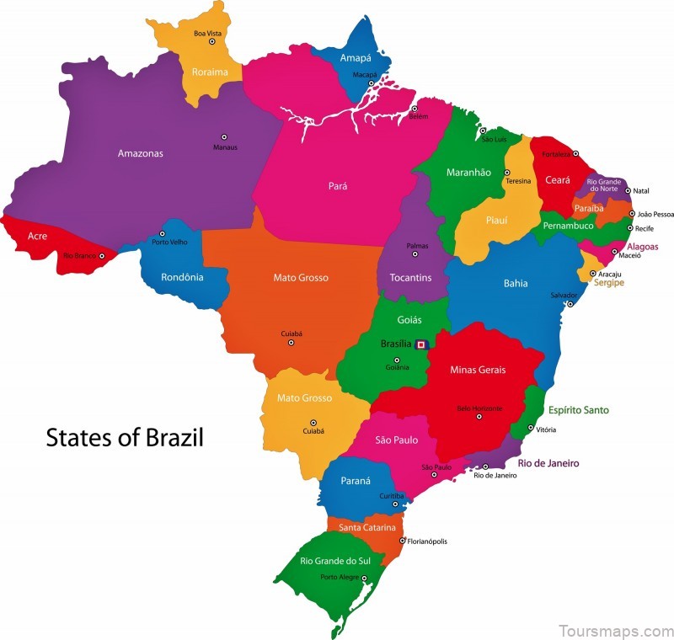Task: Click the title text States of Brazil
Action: (125, 439)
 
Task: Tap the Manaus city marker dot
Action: (224, 136)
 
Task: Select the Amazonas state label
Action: (141, 153)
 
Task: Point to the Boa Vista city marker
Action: (212, 41)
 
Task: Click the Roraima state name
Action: (210, 72)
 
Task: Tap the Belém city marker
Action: (414, 109)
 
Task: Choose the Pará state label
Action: (338, 186)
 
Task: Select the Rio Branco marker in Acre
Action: (102, 255)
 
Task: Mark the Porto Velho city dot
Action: (163, 234)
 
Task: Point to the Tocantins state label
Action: (410, 277)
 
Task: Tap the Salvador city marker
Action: (570, 304)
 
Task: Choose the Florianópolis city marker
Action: (402, 541)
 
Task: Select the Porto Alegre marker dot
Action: (365, 578)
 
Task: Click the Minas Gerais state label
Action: (478, 370)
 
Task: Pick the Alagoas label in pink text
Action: (642, 247)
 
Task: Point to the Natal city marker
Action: (627, 191)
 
